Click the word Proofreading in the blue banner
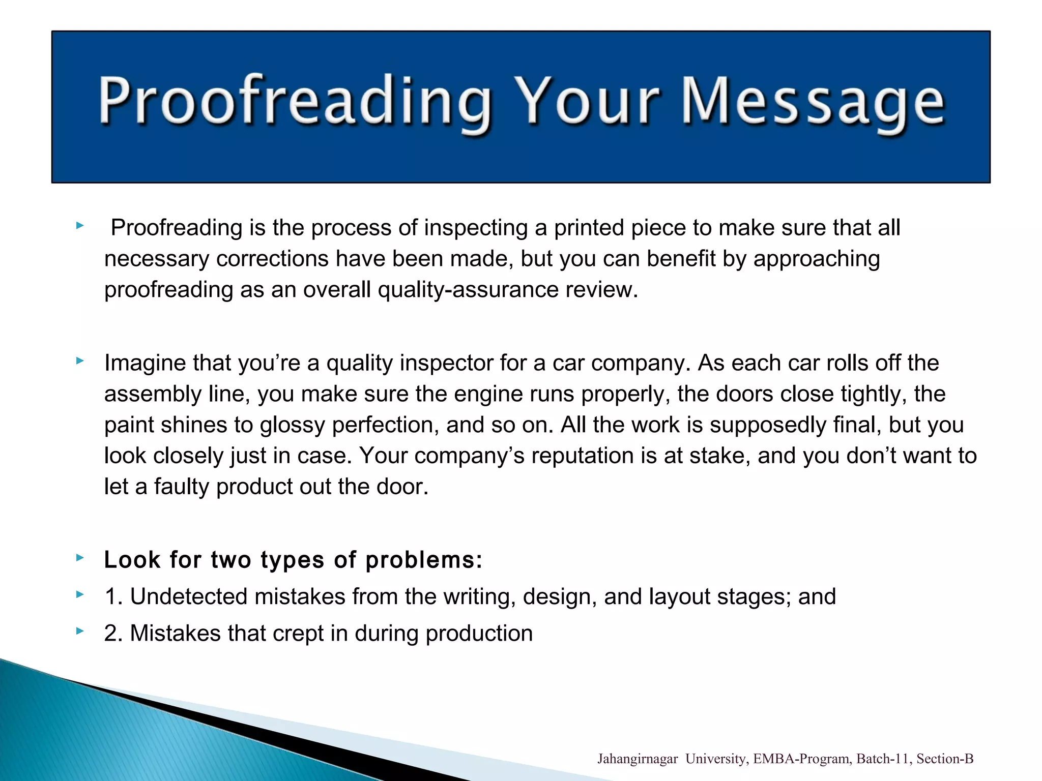point(295,102)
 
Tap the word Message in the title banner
point(813,102)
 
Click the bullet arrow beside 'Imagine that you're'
point(79,361)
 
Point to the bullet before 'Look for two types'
point(79,558)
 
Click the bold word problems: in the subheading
point(424,560)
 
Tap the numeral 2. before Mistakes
point(113,634)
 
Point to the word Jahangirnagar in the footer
point(637,759)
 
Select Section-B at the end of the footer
point(945,759)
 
